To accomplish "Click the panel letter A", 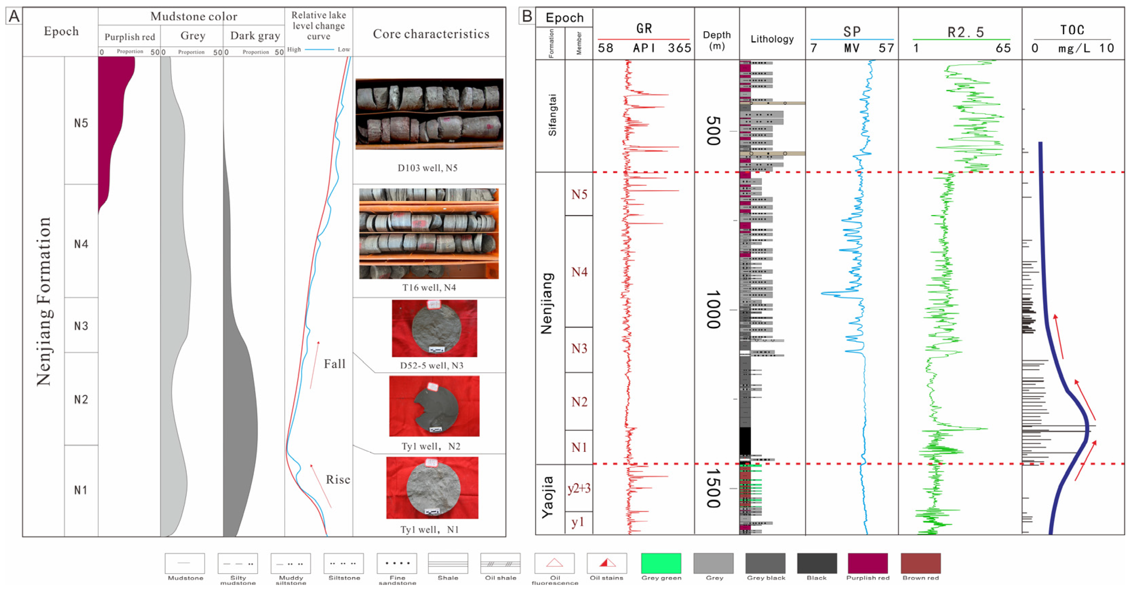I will click(14, 16).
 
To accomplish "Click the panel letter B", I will click(527, 16).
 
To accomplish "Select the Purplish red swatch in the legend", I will click(868, 563).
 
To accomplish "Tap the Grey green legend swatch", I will click(661, 563).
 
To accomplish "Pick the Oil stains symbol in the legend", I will click(607, 563).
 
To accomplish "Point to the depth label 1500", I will click(713, 488).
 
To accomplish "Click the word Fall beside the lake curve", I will click(334, 364).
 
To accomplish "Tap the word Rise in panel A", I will click(337, 479).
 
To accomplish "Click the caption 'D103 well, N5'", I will click(428, 168).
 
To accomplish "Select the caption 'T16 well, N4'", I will click(429, 288).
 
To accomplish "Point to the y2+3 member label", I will click(579, 488).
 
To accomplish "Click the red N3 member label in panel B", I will click(579, 349).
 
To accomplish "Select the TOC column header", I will click(1072, 30).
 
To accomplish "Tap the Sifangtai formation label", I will click(552, 115).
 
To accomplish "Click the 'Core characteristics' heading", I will click(431, 34).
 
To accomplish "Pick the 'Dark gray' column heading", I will click(255, 36).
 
